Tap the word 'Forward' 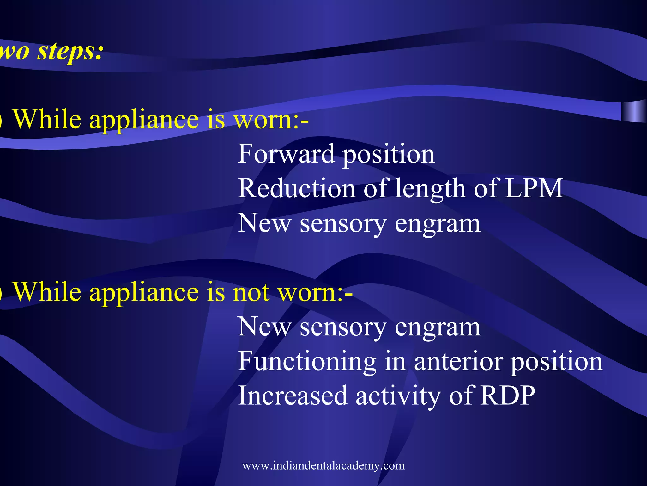[286, 154]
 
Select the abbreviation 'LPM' [534, 188]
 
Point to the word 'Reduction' [296, 188]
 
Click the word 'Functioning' [307, 361]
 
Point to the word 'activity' [398, 396]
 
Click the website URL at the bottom [323, 465]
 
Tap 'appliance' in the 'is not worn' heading [144, 293]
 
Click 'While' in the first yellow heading [47, 119]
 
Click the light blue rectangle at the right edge [634, 111]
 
